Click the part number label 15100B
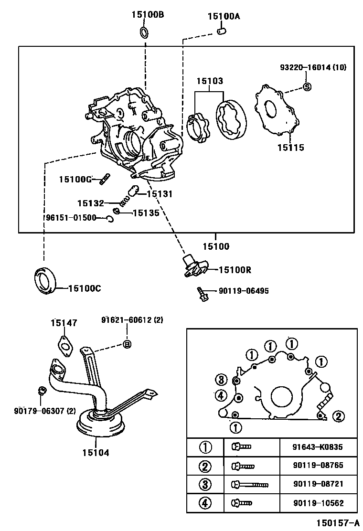click(148, 15)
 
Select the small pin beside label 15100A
click(221, 32)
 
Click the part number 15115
click(290, 148)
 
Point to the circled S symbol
click(308, 86)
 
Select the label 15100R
click(235, 270)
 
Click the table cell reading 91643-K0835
click(318, 447)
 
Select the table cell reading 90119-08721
click(318, 484)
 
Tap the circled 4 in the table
click(205, 502)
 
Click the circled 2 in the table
click(205, 466)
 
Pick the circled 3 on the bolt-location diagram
click(220, 380)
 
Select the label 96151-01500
click(71, 218)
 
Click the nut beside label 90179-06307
click(42, 391)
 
